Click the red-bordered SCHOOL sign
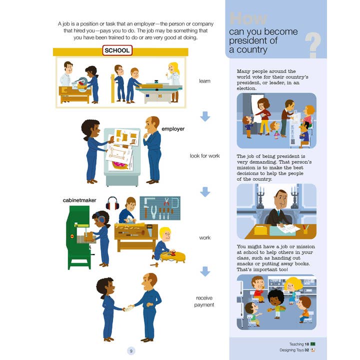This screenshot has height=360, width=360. coord(117,50)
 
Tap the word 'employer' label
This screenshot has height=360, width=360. coord(173,129)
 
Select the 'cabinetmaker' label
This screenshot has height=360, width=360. coord(79,200)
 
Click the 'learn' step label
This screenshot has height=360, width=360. coord(204,81)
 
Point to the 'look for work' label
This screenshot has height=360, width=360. coord(204,155)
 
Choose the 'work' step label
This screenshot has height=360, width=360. coord(204,237)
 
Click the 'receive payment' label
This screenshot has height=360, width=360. coord(204,301)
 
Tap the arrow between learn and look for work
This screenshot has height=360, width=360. coord(205,116)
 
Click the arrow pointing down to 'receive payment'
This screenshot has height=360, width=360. coord(205,271)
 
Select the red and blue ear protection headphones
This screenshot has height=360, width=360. coord(112,203)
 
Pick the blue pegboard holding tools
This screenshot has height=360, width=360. coord(160,208)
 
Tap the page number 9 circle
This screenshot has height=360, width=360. coord(131,351)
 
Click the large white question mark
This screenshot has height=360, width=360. coord(313,45)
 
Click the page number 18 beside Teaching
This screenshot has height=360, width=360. coord(306,344)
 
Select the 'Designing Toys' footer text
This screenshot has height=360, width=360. coord(291,350)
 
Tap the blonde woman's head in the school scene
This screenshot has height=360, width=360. coord(173,68)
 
